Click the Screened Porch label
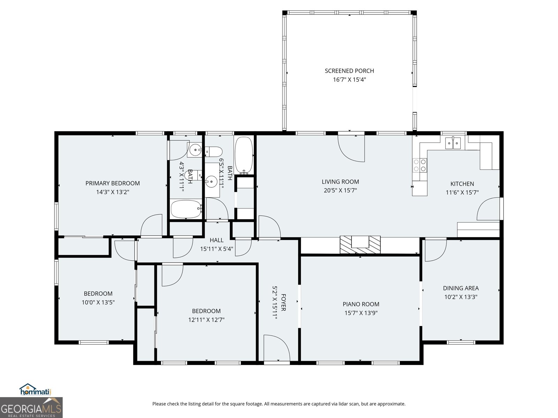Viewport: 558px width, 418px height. (349, 71)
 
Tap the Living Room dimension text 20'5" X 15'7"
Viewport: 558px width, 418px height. (340, 191)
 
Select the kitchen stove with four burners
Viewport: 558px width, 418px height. (420, 165)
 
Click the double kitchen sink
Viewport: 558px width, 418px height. (453, 143)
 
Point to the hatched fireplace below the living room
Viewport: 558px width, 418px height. (360, 245)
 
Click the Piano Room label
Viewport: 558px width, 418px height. (361, 304)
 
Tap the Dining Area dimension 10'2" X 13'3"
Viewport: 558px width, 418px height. (460, 297)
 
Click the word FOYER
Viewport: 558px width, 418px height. (284, 302)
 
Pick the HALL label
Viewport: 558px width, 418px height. (217, 240)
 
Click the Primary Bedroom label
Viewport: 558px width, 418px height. (112, 183)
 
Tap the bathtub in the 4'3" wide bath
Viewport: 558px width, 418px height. (186, 209)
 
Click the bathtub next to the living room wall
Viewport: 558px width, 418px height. (244, 155)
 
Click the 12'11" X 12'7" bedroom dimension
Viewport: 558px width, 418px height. (206, 320)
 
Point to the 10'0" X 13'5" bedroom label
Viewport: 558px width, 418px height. (98, 294)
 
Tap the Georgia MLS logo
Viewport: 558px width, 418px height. (31, 408)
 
